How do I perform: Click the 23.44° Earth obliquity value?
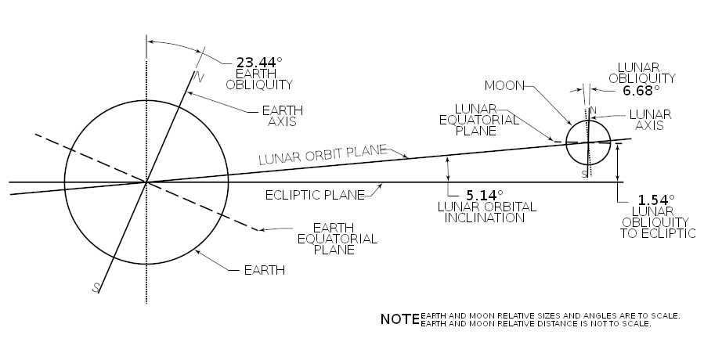click(x=259, y=62)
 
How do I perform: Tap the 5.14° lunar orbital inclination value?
click(x=485, y=196)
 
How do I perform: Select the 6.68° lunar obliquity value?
click(x=641, y=91)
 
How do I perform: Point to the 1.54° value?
click(x=656, y=200)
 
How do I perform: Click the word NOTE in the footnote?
click(x=399, y=319)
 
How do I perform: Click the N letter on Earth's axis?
click(x=198, y=77)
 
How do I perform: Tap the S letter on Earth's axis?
click(x=96, y=288)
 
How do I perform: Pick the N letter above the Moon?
click(x=593, y=110)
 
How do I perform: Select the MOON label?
click(x=504, y=86)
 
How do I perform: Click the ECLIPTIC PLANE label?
click(x=315, y=196)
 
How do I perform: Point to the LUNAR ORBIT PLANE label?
click(x=323, y=155)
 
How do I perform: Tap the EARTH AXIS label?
click(x=283, y=116)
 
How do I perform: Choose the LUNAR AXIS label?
click(x=650, y=120)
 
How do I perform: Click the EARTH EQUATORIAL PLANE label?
click(x=338, y=239)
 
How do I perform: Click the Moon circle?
click(x=565, y=142)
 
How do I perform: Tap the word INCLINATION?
click(x=485, y=218)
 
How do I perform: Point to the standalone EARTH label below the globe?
click(x=265, y=270)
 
